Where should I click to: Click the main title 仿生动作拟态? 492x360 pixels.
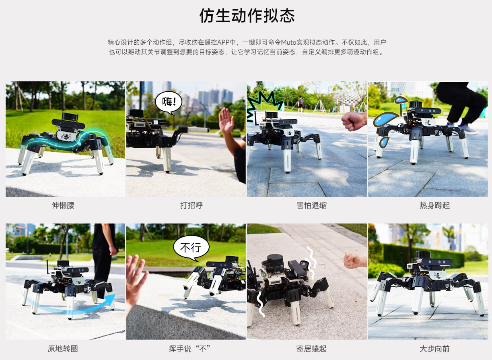[x=247, y=16]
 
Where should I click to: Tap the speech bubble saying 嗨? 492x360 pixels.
[x=169, y=102]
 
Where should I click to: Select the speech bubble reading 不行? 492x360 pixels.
[x=191, y=247]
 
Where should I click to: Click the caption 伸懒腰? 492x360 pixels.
[x=63, y=205]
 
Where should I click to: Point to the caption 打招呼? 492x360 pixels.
[x=191, y=205]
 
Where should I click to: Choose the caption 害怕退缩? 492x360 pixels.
[x=311, y=205]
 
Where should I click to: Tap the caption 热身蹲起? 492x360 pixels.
[x=434, y=205]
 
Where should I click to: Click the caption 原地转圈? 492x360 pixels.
[x=63, y=349]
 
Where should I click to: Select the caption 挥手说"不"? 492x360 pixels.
[x=189, y=349]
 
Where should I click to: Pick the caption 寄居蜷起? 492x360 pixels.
[x=311, y=349]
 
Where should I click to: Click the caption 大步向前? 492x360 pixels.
[x=434, y=349]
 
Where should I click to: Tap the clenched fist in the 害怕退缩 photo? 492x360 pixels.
[x=354, y=121]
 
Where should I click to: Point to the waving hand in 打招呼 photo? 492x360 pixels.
[x=226, y=120]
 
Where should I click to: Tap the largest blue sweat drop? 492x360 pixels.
[x=385, y=120]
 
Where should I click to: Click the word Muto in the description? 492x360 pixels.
[x=288, y=42]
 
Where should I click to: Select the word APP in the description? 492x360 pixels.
[x=223, y=42]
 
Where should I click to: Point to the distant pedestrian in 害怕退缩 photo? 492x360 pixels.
[x=300, y=104]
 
